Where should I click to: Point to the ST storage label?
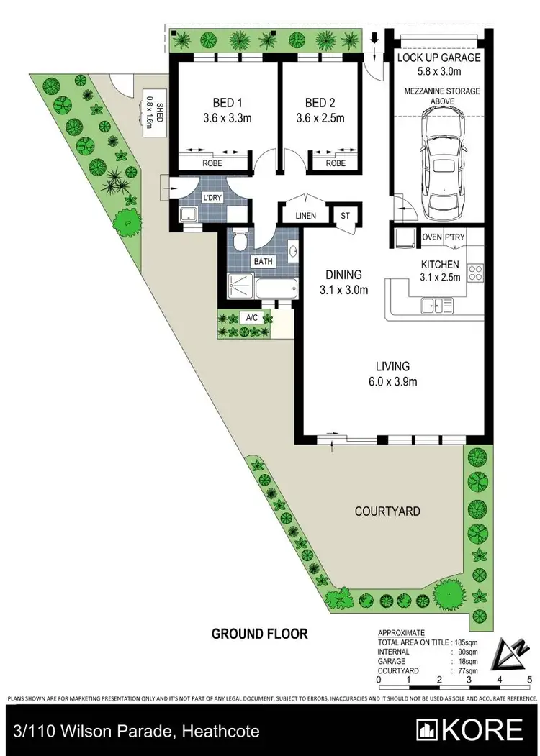345,215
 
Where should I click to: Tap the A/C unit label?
252,316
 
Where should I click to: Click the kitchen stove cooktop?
474,273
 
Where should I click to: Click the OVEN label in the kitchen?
431,237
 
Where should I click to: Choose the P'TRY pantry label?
455,237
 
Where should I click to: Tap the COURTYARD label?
387,511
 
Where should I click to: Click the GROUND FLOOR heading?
259,634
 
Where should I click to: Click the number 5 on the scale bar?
529,679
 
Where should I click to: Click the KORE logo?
472,729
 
